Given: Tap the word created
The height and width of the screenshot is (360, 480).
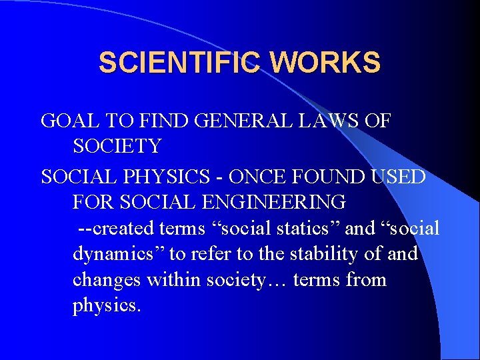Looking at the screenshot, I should click(x=125, y=228).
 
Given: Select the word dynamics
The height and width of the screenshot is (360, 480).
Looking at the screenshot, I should click(x=119, y=254).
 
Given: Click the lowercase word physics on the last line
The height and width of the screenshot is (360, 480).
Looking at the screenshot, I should click(x=107, y=305).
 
